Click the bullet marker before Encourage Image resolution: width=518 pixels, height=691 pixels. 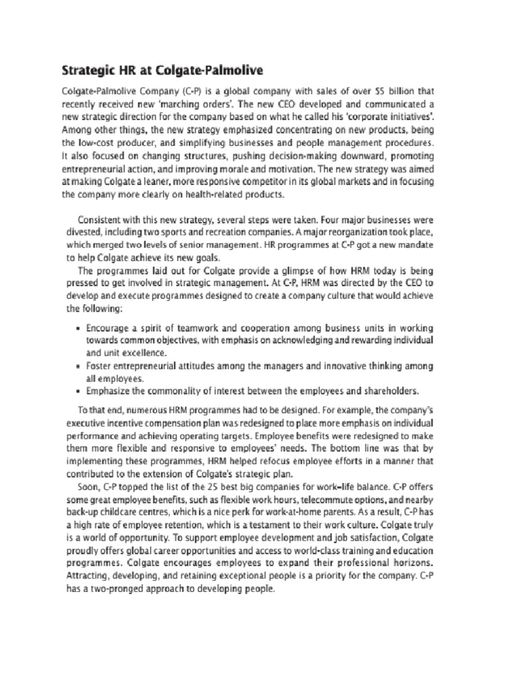(x=79, y=327)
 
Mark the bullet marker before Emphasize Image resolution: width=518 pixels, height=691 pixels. (x=79, y=391)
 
